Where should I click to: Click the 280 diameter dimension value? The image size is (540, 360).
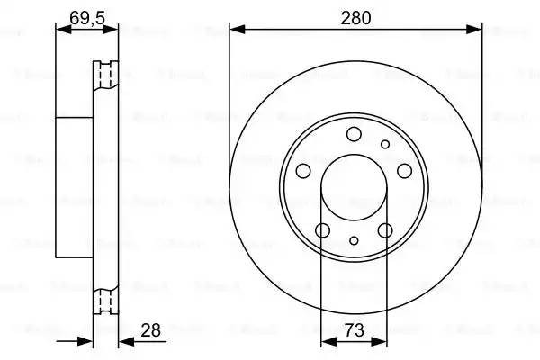click(x=355, y=16)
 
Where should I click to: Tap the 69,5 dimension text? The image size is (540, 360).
click(x=86, y=15)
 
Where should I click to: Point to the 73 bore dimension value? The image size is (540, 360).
click(x=355, y=329)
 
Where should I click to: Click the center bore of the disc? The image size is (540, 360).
click(x=355, y=188)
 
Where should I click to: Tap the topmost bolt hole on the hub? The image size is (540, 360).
click(x=354, y=134)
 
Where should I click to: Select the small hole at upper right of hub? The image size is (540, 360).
click(x=385, y=144)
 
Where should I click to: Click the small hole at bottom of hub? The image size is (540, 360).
click(x=355, y=240)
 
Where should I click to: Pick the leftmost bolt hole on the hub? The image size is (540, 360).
click(x=303, y=171)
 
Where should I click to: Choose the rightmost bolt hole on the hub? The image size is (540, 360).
click(x=404, y=171)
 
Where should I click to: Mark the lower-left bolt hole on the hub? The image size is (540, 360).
click(x=323, y=230)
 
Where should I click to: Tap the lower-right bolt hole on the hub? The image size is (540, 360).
click(x=386, y=230)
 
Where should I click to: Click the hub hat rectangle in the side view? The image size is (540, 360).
click(x=76, y=186)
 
